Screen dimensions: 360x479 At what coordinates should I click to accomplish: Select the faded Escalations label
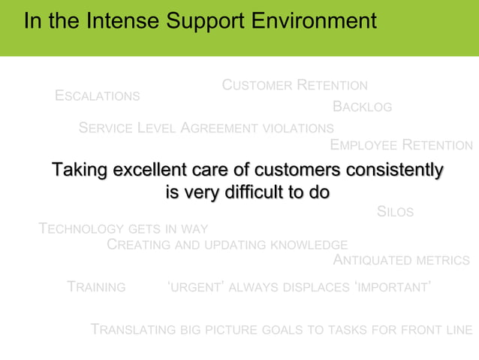coord(98,96)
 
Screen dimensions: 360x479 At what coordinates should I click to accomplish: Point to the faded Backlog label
coord(362,107)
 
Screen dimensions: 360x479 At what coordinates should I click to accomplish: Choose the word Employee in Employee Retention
coord(363,145)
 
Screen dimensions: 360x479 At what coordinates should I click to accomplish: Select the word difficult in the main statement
coord(246,192)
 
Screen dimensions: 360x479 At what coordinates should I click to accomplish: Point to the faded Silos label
coord(395,213)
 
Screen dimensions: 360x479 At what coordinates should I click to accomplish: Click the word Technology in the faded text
coord(82,228)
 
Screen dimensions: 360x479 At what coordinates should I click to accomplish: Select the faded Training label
coord(96,287)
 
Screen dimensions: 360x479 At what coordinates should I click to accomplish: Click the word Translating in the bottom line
coord(134,330)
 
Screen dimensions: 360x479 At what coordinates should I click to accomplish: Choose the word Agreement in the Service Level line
coord(221,129)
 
